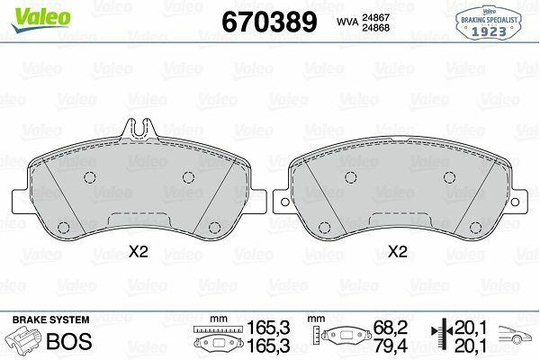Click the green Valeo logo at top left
pyautogui.click(x=41, y=20)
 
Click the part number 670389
pyautogui.click(x=269, y=22)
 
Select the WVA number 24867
pyautogui.click(x=375, y=17)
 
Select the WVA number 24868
pyautogui.click(x=375, y=28)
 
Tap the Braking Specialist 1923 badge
pyautogui.click(x=489, y=22)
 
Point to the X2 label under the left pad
pyautogui.click(x=138, y=252)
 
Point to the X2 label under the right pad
pyautogui.click(x=398, y=252)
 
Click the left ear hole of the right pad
pyautogui.click(x=284, y=202)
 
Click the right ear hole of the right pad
pyautogui.click(x=515, y=202)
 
